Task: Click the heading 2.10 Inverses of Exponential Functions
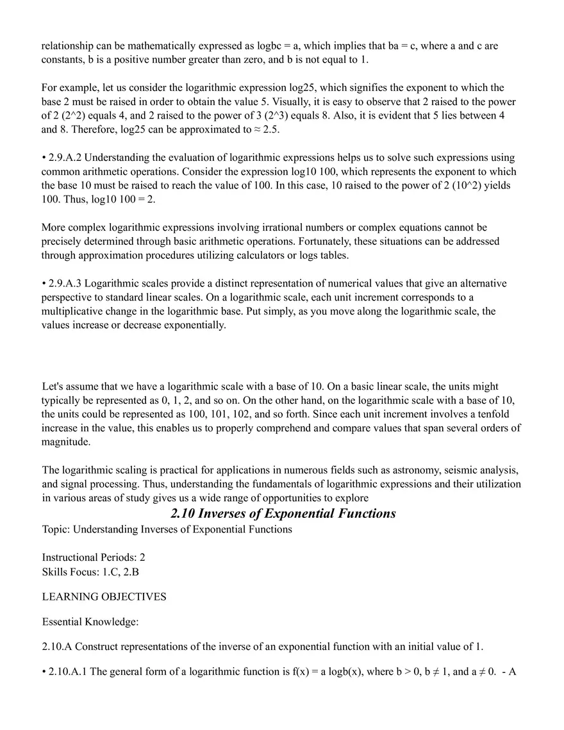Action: tap(283, 513)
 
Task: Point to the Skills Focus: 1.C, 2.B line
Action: tap(90, 571)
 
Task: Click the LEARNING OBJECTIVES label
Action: tap(104, 597)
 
